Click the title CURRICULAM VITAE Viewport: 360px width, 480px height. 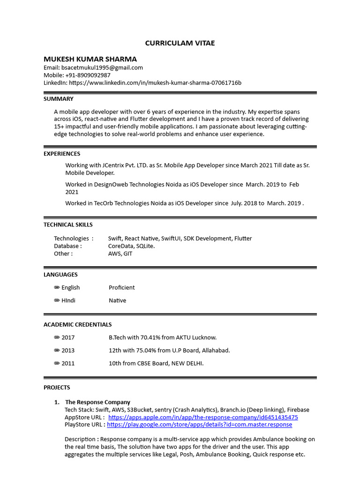point(180,43)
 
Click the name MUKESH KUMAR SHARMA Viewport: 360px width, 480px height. point(90,59)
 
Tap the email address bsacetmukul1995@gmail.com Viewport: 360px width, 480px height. point(102,67)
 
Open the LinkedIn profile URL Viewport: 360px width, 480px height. point(155,83)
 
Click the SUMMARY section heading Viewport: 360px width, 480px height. point(59,99)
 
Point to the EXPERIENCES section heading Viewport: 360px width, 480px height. point(62,154)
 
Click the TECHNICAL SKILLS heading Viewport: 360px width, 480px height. point(68,225)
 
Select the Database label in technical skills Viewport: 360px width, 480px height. point(67,246)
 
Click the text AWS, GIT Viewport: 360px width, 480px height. point(120,254)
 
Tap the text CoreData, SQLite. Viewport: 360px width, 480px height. point(131,246)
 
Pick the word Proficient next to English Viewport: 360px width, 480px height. point(121,287)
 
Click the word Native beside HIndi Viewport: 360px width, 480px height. point(117,300)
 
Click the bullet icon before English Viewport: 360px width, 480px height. point(57,287)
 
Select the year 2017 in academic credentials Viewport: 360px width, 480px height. point(68,337)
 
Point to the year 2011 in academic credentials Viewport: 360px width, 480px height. point(68,363)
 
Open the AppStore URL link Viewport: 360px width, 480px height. point(203,417)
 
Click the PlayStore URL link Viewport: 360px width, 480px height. point(199,425)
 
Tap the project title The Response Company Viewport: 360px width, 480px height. point(97,402)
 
